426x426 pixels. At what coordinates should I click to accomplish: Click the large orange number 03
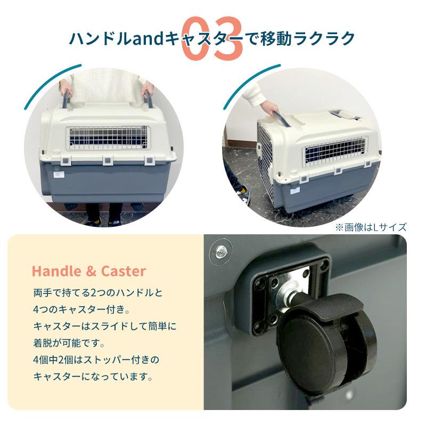point(212,38)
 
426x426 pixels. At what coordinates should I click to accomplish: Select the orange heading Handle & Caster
point(88,271)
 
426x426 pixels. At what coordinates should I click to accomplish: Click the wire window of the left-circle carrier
point(106,138)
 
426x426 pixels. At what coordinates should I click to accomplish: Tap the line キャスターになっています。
point(93,376)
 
